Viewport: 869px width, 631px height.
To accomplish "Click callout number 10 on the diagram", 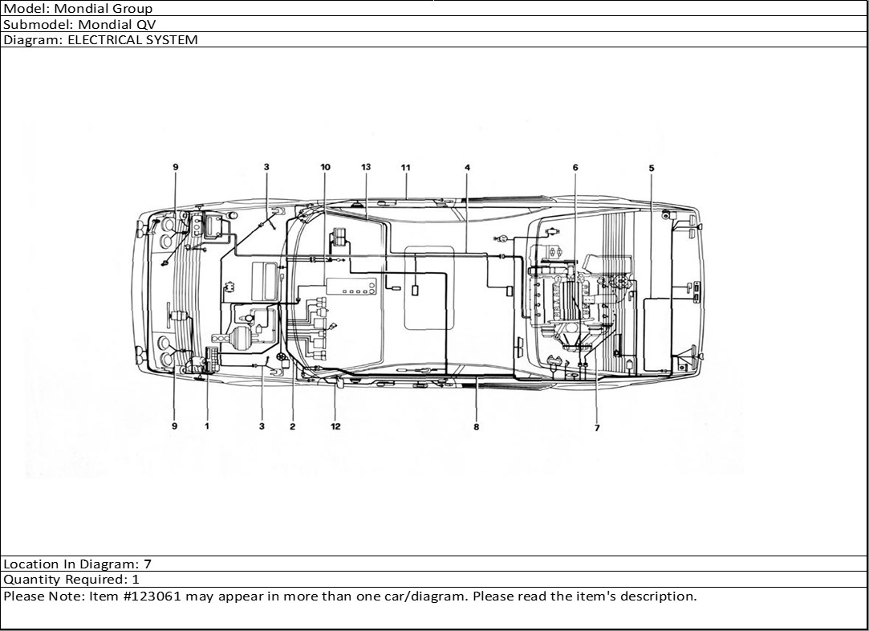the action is [325, 167].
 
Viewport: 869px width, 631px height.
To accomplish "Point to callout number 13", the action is [366, 167].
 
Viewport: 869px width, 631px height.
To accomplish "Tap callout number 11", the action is [406, 168].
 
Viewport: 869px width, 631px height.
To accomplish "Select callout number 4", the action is [467, 168].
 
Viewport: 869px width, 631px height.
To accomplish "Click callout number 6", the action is [575, 168].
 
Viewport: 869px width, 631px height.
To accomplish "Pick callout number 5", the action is [652, 168].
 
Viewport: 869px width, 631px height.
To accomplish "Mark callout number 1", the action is [207, 425].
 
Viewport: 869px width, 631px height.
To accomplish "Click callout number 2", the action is [292, 426].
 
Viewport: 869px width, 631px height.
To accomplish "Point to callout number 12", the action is [335, 426].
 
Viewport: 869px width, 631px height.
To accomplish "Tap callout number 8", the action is [476, 427].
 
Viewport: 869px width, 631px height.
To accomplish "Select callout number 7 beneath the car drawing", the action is [597, 428].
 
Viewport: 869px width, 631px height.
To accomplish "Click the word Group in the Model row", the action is [132, 9].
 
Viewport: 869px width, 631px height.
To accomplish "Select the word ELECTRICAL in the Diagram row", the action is [100, 40].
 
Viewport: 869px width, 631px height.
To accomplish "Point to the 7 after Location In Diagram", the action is [148, 564].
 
